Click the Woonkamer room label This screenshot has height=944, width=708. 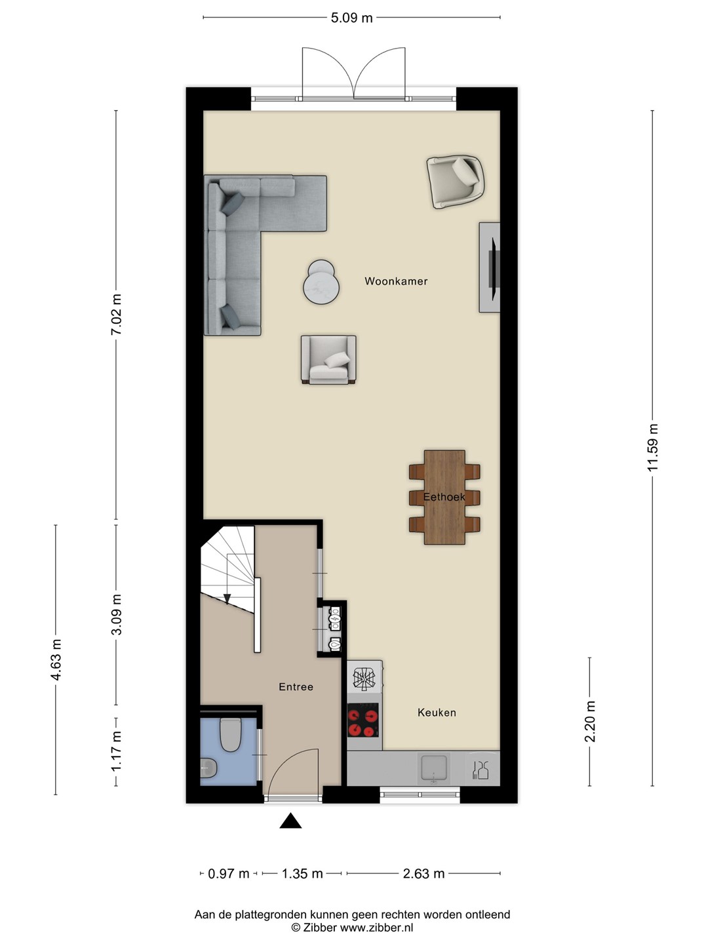point(396,281)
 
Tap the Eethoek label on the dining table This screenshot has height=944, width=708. point(444,497)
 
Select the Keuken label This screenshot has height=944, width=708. point(437,713)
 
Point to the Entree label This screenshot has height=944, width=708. point(296,687)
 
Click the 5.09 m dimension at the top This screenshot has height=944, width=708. point(351,18)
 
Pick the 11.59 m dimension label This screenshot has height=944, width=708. point(652,448)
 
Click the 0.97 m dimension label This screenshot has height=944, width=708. point(229,873)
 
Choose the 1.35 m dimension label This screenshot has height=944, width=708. point(302,873)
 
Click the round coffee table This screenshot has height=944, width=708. point(321,282)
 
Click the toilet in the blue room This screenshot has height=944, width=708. point(231,735)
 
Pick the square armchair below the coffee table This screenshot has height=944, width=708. point(328,360)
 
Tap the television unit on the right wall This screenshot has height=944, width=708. point(490,267)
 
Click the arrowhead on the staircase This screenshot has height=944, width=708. point(227,599)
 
